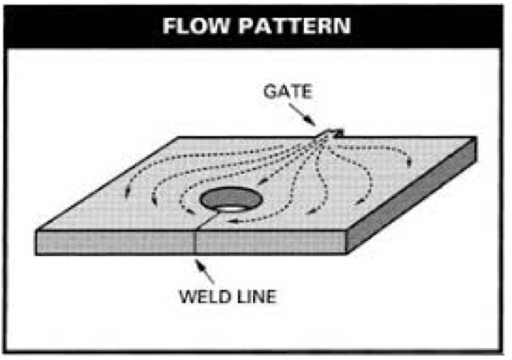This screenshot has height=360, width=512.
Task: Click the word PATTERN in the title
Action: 295,26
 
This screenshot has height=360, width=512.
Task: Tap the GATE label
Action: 288,91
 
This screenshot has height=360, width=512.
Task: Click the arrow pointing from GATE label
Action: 302,115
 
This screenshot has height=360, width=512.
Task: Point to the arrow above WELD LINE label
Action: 204,271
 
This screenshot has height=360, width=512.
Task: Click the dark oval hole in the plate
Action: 231,198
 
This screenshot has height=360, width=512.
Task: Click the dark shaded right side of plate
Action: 412,195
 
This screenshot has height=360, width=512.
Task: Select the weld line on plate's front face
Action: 196,242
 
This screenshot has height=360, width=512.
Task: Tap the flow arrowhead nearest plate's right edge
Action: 409,162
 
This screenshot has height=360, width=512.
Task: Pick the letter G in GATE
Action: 270,91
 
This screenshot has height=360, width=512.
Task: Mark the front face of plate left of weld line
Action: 115,242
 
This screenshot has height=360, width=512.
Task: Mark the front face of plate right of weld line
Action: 271,242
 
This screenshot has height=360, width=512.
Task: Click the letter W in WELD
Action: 188,297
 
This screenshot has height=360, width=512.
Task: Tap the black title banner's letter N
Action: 342,26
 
